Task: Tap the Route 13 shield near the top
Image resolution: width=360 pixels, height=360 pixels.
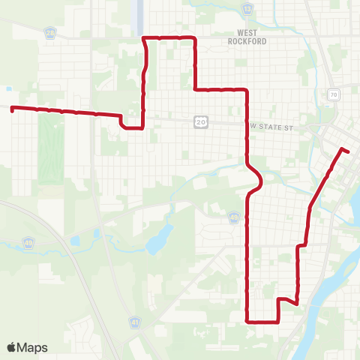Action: (247, 9)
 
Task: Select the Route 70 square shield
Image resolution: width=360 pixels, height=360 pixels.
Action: (332, 94)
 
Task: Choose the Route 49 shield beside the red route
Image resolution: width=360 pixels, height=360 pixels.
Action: (234, 217)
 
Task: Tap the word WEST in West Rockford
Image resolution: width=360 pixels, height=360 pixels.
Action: (247, 33)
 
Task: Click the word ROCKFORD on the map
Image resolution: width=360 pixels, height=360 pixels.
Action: (247, 42)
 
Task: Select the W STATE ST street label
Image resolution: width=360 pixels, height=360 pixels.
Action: (272, 128)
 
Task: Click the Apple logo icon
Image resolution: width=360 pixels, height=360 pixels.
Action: (12, 347)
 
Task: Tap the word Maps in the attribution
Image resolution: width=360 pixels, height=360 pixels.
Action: (33, 348)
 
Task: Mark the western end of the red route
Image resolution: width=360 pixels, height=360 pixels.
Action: (12, 108)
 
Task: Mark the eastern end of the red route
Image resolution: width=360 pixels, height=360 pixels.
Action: (349, 152)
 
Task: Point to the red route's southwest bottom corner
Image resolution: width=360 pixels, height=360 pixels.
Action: (247, 321)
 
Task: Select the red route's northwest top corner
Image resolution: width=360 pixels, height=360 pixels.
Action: (144, 37)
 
